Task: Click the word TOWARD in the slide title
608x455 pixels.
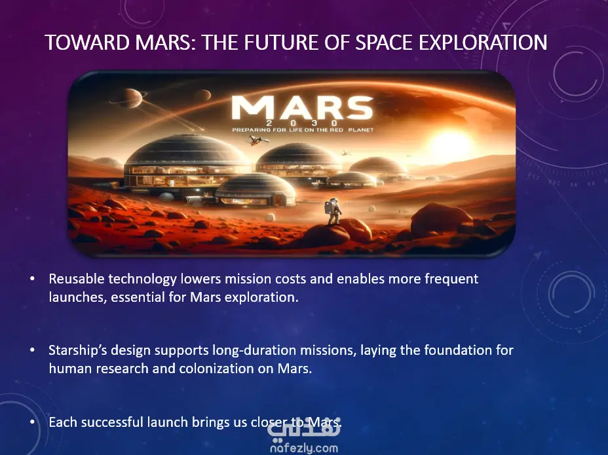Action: point(87,43)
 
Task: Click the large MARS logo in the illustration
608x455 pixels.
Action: point(303,107)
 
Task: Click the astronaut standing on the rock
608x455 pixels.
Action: point(333,211)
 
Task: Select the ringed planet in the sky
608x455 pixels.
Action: point(129,98)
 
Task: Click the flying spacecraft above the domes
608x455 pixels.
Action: point(257,140)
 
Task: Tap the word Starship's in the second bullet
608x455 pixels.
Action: point(77,350)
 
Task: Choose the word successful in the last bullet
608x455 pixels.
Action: point(113,422)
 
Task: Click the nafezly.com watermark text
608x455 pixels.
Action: point(304,448)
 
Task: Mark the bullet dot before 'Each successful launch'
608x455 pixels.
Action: point(32,422)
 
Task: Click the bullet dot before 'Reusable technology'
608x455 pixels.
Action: point(32,279)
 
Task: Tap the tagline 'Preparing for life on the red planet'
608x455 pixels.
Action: point(303,130)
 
